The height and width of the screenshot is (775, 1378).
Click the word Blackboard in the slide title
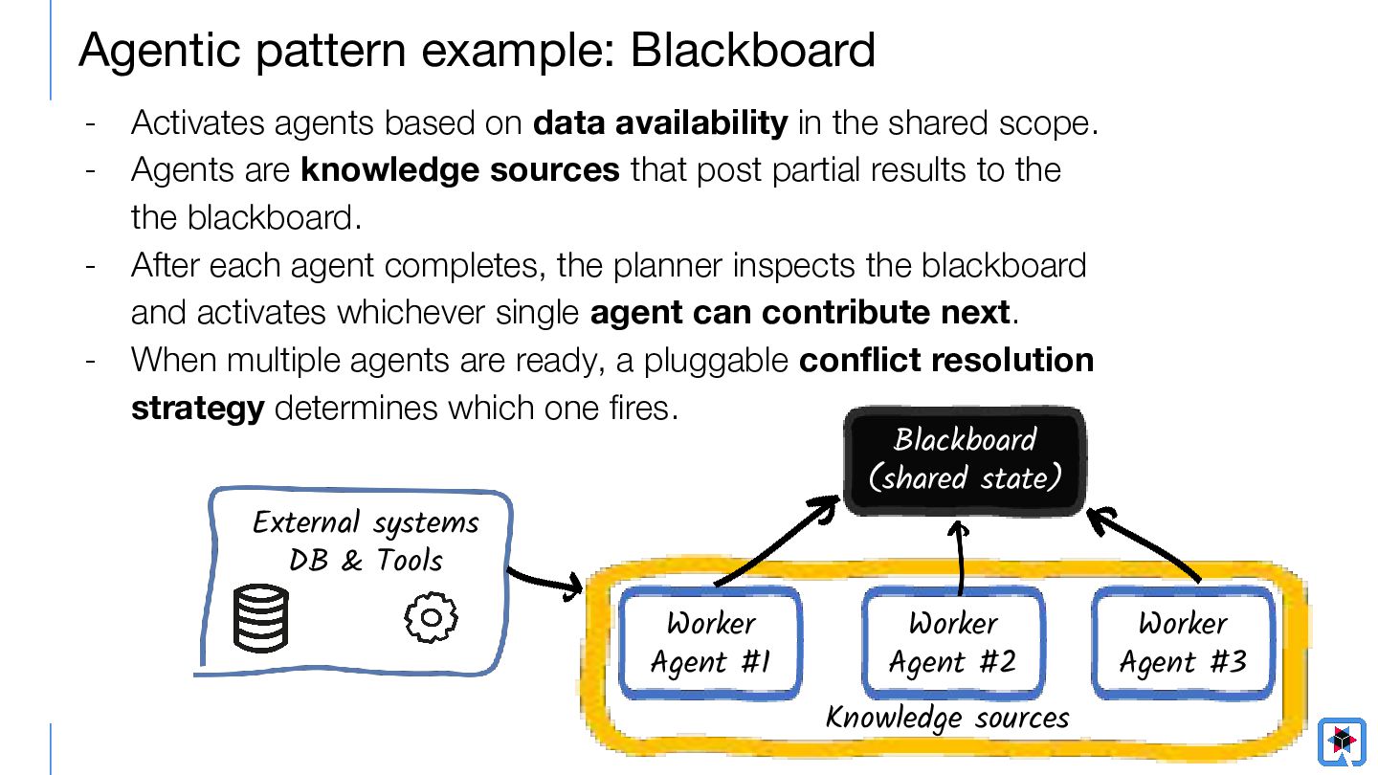coord(752,50)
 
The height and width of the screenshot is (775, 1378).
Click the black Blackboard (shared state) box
coord(965,460)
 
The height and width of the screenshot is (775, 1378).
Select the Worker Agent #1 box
coord(710,643)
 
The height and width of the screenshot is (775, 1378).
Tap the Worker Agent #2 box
coord(953,643)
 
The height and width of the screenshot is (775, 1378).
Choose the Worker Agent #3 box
coord(1183,643)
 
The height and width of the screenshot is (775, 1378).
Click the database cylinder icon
coord(261,617)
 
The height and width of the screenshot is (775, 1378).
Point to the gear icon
coord(431,617)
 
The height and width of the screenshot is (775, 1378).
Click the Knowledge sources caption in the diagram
coord(947,718)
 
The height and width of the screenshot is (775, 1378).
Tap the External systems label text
coord(366,523)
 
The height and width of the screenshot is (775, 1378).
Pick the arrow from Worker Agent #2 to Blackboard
coord(960,557)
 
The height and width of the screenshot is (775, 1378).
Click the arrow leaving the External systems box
coord(545,583)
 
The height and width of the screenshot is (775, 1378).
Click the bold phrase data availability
coord(660,122)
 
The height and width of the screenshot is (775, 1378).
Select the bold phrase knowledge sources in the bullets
coord(460,169)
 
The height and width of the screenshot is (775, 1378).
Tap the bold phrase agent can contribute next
coord(800,313)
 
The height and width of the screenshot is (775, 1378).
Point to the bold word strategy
coord(198,409)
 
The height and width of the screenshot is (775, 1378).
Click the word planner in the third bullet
coord(668,267)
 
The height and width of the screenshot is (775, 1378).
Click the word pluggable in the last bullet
coord(716,362)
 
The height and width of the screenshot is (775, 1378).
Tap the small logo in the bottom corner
coord(1342,741)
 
